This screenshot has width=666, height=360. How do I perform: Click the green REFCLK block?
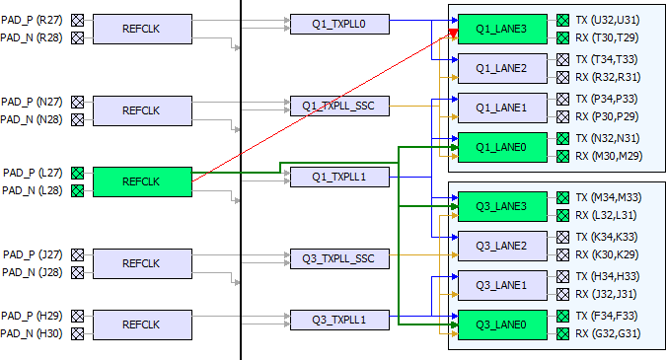pos(142,181)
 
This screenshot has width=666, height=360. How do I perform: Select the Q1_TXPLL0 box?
pos(339,25)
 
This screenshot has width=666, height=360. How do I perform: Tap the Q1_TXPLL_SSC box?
pos(339,106)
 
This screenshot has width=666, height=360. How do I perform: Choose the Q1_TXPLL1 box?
pos(339,177)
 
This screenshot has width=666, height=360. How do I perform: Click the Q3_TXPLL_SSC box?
pos(339,259)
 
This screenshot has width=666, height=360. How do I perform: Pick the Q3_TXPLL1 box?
pos(339,321)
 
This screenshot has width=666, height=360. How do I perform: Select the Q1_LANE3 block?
pos(502,29)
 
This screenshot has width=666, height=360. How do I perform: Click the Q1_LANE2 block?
pos(502,68)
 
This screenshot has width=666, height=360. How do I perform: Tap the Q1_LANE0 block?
pos(502,147)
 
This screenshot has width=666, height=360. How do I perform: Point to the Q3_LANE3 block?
pos(502,206)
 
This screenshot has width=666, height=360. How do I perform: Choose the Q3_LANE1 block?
pos(502,285)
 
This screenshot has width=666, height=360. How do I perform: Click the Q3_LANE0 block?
pos(502,324)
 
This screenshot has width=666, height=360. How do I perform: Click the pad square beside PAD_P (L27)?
pos(77,173)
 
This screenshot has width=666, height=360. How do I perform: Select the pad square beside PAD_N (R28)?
pos(77,37)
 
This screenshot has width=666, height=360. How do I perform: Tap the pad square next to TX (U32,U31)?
pos(562,20)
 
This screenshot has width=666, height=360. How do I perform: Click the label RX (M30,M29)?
pos(609,156)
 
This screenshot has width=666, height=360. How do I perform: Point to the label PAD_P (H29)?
pos(32,316)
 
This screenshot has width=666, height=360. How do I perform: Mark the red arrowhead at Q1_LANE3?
pos(453,34)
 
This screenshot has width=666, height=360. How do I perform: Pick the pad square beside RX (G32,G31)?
pos(562,333)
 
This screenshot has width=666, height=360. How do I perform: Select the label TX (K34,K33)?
pos(607,237)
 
